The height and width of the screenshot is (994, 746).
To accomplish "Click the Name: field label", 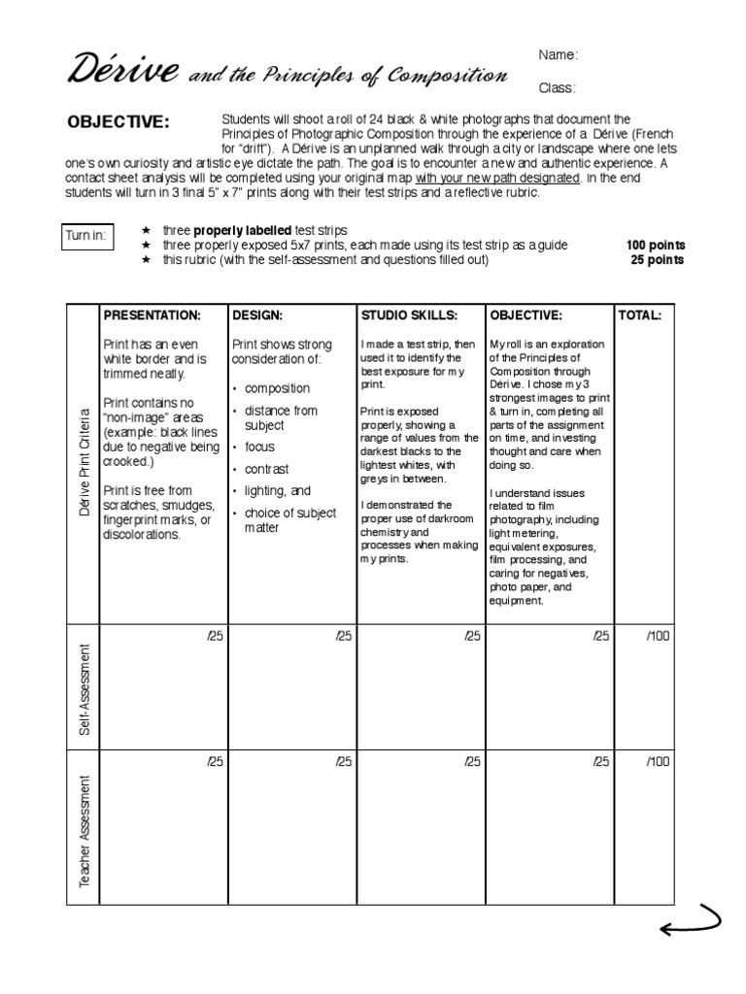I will click(x=559, y=55).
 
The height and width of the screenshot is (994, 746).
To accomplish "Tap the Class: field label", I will click(x=558, y=88).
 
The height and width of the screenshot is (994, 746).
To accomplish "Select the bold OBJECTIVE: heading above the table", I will click(x=118, y=121).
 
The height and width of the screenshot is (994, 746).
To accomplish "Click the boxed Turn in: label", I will click(x=86, y=234).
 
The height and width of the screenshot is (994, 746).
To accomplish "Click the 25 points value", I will click(x=659, y=260).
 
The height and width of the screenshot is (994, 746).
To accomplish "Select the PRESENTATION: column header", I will click(x=152, y=315).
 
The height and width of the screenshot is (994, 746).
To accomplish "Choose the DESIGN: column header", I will click(x=257, y=315).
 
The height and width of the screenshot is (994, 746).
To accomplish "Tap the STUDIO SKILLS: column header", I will click(x=408, y=315).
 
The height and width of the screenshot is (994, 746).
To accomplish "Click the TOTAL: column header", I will click(x=639, y=315).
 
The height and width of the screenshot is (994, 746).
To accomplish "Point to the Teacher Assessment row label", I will click(x=85, y=830).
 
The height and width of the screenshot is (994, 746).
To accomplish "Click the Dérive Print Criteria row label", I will click(x=85, y=462).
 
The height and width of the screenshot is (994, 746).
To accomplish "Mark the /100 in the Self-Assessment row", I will click(x=658, y=636).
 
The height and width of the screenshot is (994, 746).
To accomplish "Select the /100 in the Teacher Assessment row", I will click(x=658, y=762).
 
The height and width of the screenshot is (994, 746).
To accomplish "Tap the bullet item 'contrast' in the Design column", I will click(x=266, y=469).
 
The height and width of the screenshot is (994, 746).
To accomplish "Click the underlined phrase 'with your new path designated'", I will click(x=498, y=179).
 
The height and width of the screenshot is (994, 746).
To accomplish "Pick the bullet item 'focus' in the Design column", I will click(x=259, y=447).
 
